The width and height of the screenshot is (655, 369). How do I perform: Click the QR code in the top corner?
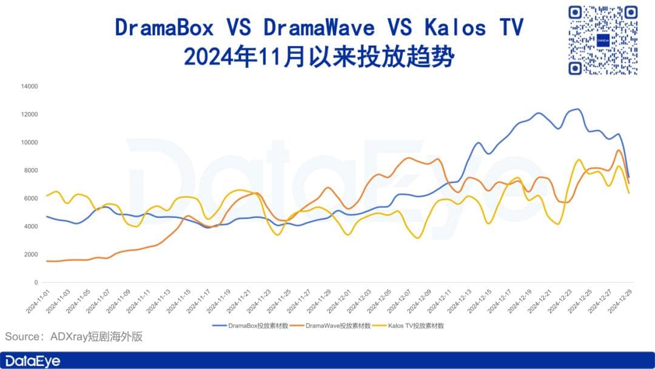[603, 40]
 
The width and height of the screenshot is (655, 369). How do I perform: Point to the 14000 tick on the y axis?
[29, 86]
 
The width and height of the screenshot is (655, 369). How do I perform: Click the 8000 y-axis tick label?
[31, 171]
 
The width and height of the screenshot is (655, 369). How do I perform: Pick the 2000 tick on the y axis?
[31, 254]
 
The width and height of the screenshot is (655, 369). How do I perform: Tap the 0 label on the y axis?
[36, 282]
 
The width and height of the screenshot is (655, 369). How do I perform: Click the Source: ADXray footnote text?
[74, 336]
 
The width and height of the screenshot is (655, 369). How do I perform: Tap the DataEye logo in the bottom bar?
[33, 361]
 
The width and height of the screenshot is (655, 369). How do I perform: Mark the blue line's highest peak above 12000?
[577, 109]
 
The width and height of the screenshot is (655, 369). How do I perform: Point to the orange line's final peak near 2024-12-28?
[618, 150]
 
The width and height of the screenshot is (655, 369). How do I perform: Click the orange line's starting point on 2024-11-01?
[47, 261]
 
